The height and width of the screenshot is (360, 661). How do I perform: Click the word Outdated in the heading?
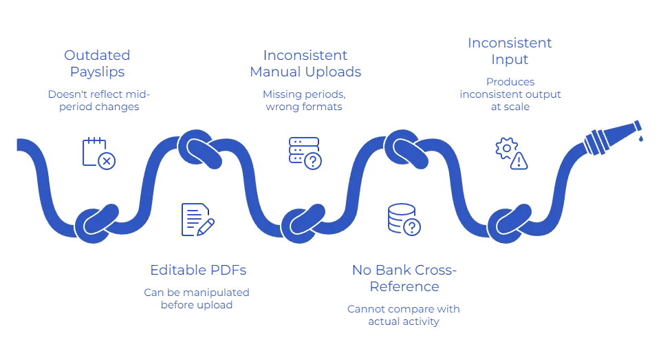pos(96,54)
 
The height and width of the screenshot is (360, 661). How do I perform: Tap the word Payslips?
pos(96,71)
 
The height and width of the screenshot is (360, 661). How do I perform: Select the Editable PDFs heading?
pos(197,268)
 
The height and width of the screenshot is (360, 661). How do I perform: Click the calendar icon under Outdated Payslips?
pos(98,153)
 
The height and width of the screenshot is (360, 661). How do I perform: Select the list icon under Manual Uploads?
pos(303,151)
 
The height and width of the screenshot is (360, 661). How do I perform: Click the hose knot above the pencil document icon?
pos(200,147)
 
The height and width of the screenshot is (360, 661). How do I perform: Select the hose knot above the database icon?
pos(407,147)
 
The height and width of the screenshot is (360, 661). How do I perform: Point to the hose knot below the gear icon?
pos(510,222)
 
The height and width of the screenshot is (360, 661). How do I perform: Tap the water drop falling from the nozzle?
pos(641,138)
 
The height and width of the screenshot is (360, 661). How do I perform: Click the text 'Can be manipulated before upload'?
pos(197,297)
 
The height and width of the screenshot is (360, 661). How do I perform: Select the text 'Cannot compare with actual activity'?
pos(404,315)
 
